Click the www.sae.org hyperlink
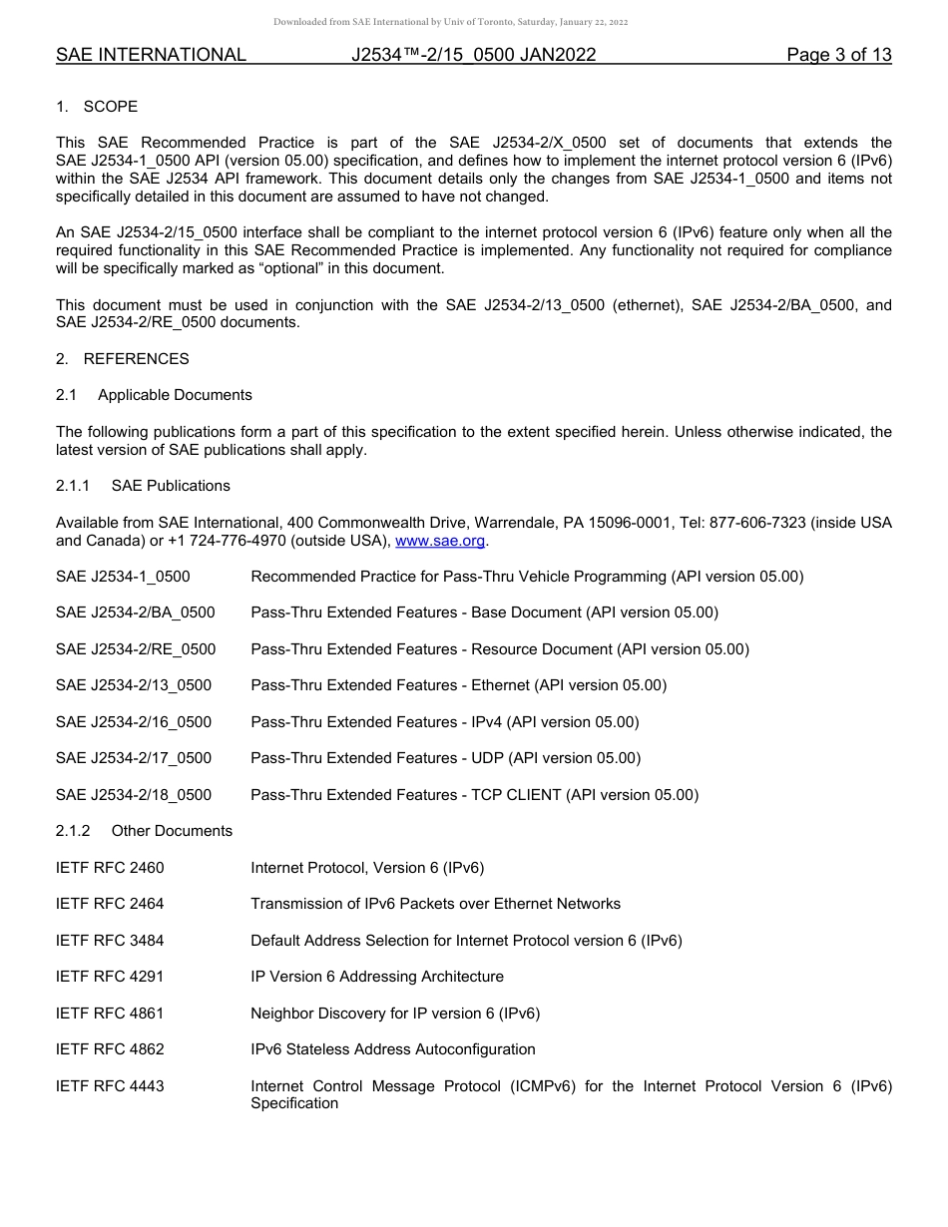(x=440, y=541)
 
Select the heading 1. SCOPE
(x=97, y=106)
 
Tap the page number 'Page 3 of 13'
(x=838, y=55)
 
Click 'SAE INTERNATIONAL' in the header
(x=151, y=55)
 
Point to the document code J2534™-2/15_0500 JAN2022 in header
(x=473, y=55)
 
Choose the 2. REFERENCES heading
(x=122, y=358)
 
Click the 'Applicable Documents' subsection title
(x=175, y=395)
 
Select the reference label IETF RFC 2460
(x=110, y=868)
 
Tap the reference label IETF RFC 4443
(x=110, y=1085)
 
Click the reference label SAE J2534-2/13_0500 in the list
(x=134, y=685)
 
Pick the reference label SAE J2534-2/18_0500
(x=134, y=795)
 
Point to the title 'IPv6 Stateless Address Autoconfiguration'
(x=393, y=1049)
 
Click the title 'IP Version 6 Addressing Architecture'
(x=377, y=977)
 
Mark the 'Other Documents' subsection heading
(x=172, y=831)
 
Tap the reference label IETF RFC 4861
(x=110, y=1014)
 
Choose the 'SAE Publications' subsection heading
(x=171, y=486)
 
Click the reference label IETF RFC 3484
(x=110, y=941)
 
